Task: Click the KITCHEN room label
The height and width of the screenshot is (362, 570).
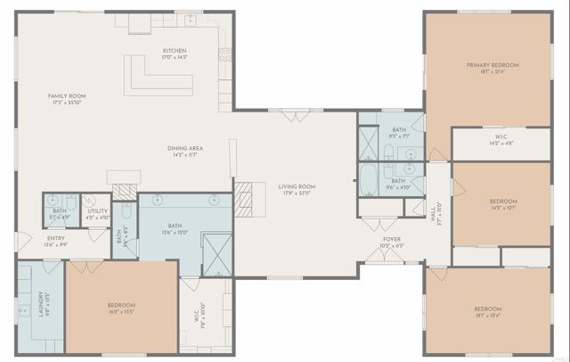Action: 174,50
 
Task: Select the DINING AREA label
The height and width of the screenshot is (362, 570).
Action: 186,148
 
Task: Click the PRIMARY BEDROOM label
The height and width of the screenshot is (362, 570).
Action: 493,65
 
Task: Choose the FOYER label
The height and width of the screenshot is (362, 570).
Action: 392,239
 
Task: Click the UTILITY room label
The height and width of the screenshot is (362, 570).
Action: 97,211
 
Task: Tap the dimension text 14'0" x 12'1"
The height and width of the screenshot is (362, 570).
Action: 503,207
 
